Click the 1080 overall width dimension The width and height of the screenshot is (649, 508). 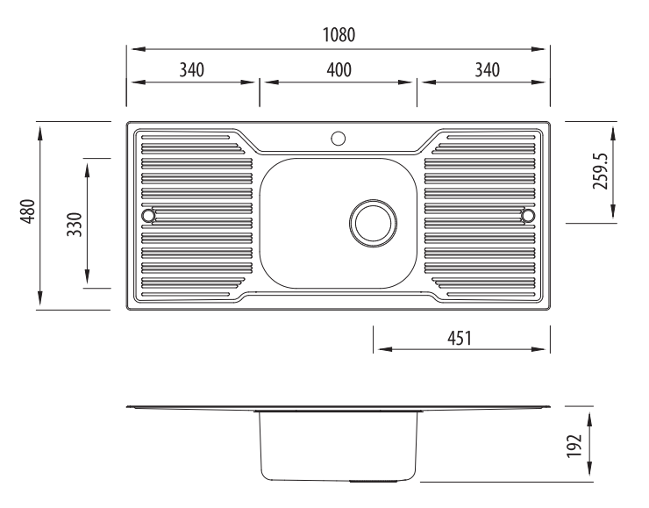coord(339,35)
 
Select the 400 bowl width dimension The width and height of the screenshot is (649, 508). coord(339,70)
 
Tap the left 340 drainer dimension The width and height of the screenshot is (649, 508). coord(192,70)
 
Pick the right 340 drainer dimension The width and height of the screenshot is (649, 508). coord(487,70)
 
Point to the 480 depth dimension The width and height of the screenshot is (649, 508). coord(28,211)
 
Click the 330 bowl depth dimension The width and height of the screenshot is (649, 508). coord(75,224)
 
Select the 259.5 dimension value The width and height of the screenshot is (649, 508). coord(601,171)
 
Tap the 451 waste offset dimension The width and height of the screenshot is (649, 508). coord(460,339)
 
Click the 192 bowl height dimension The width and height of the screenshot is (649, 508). coord(574,446)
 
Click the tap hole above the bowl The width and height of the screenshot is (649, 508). coord(339,139)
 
